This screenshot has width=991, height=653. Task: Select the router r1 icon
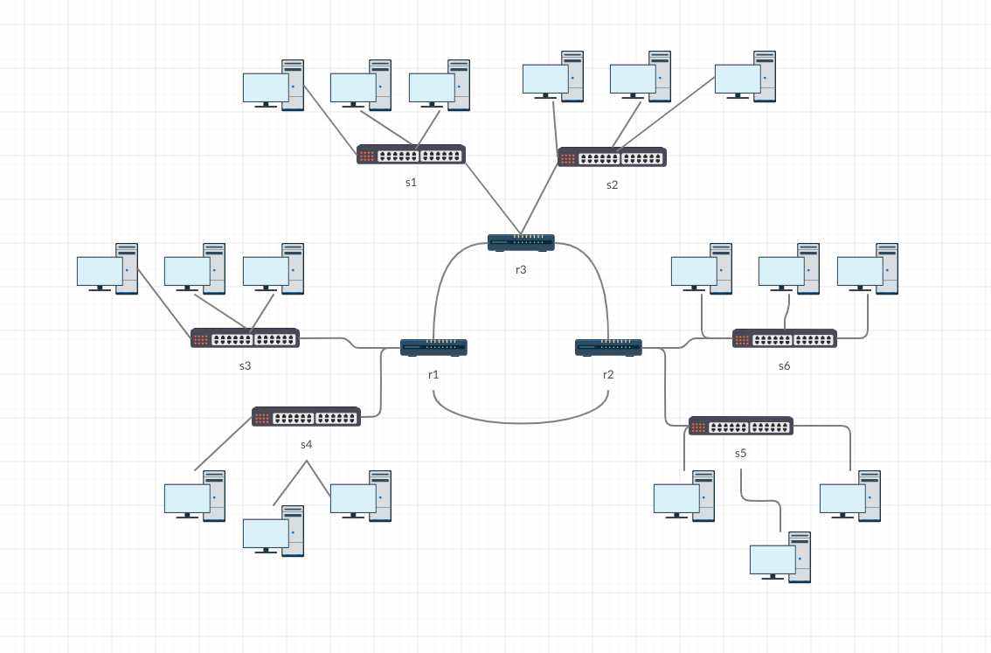tap(434, 347)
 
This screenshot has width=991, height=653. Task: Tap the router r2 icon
tap(609, 347)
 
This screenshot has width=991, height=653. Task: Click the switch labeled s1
tap(411, 156)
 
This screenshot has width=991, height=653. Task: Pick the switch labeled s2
tap(612, 157)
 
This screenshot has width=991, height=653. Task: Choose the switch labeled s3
tap(245, 338)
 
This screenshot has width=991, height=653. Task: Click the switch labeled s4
tap(306, 417)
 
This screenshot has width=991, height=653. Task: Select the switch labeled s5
tap(741, 427)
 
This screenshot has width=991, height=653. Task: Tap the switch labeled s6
tap(785, 338)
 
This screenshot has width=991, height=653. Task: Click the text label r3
tap(521, 269)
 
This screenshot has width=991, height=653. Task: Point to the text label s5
tap(741, 453)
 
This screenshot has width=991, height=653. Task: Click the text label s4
tap(306, 444)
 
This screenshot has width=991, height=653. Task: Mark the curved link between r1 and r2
tap(521, 422)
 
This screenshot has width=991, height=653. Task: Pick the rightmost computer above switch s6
tap(867, 269)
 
